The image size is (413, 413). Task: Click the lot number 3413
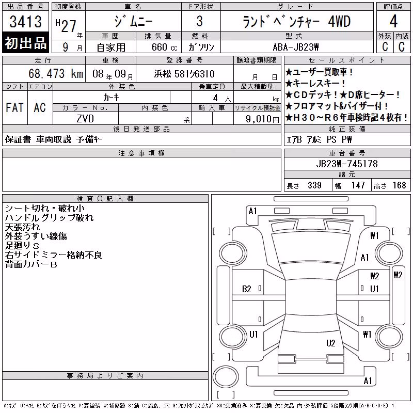(x=25, y=21)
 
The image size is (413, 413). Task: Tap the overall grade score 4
(x=393, y=21)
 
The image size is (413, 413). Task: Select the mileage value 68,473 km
(x=56, y=73)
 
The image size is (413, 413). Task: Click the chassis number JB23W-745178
(x=347, y=164)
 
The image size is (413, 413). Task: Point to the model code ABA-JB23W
(x=296, y=47)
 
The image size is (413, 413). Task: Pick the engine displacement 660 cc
(x=164, y=47)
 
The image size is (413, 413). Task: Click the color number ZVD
(x=85, y=119)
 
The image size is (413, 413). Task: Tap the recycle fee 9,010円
(x=262, y=119)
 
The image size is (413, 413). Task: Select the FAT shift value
(x=14, y=107)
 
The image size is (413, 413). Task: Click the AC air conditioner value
(x=40, y=107)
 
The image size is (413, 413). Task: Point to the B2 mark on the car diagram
(x=247, y=289)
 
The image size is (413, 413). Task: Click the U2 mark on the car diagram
(x=330, y=343)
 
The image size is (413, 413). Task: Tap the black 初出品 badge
(x=25, y=43)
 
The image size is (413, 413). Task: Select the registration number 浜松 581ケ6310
(x=184, y=74)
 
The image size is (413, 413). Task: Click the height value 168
(x=399, y=185)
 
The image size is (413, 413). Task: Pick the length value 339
(x=314, y=185)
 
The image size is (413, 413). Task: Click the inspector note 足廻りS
(x=22, y=246)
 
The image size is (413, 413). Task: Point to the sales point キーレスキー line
(x=315, y=84)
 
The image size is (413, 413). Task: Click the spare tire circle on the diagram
(x=226, y=376)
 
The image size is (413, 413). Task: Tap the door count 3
(x=200, y=21)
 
